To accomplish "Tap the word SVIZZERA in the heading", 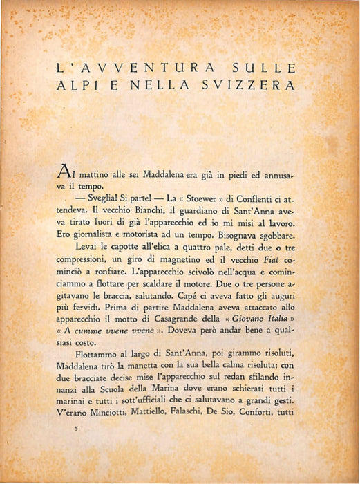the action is click(246, 86).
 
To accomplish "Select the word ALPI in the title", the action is click(77, 86).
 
